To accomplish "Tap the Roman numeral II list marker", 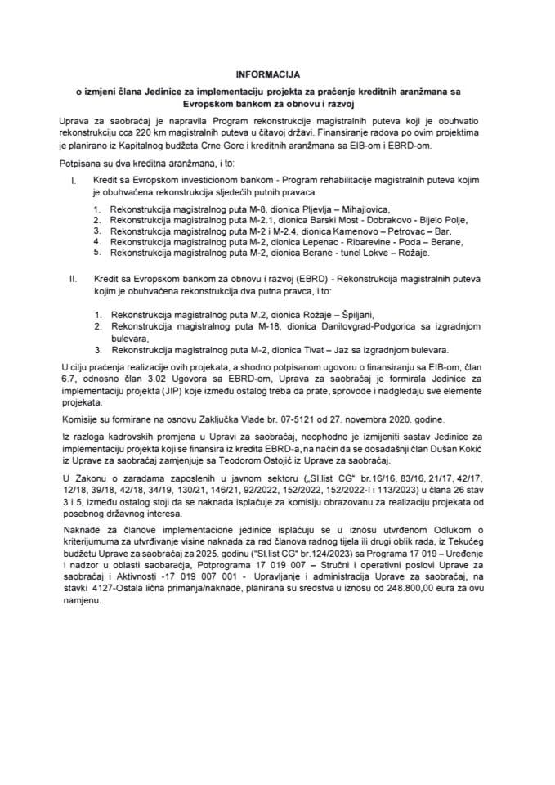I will [75, 279].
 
